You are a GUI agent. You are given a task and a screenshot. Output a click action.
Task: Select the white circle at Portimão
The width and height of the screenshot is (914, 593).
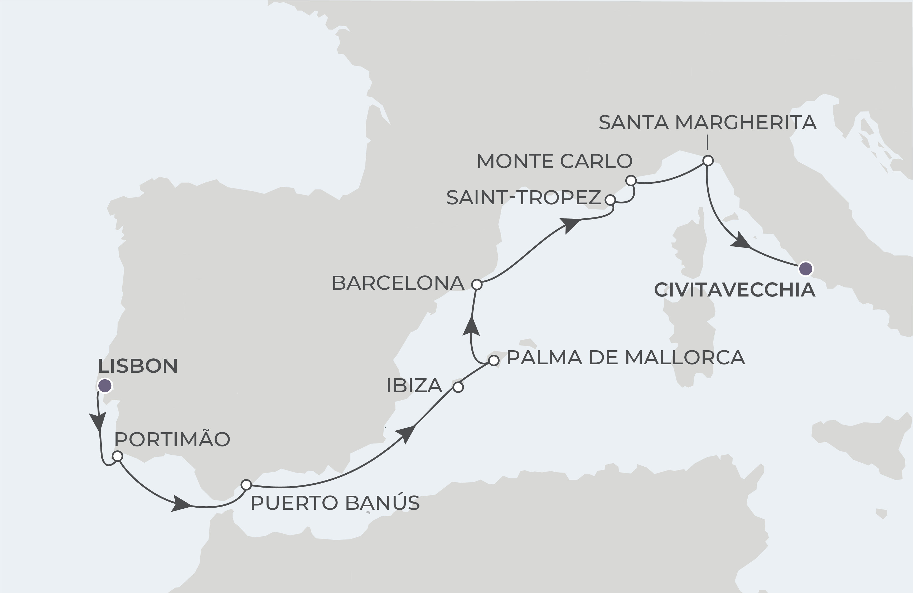pos(118,456)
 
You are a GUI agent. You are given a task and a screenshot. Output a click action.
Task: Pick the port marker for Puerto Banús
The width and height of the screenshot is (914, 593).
pos(246,485)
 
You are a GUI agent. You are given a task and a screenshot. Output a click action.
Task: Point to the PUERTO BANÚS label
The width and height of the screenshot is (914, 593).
pos(335,503)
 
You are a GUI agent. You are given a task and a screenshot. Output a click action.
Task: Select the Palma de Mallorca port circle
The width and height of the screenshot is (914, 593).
pos(494,360)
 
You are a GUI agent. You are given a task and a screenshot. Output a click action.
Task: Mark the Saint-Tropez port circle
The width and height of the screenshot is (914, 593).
pos(610,200)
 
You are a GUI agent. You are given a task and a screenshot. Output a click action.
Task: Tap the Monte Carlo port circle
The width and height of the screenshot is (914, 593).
pos(631,180)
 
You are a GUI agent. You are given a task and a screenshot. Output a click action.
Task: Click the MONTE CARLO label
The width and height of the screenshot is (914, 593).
pos(554,161)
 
